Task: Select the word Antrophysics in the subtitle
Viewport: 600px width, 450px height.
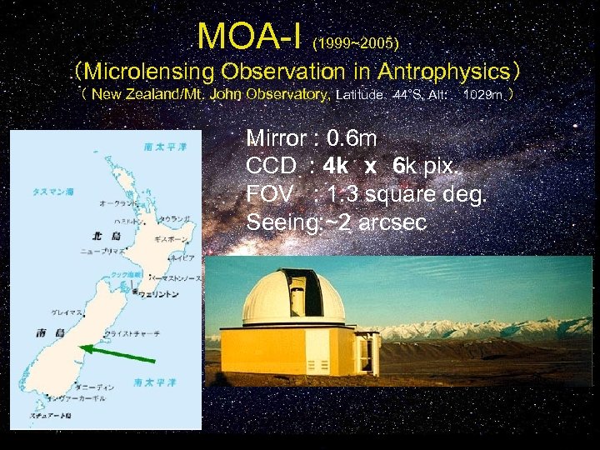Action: [x=435, y=70]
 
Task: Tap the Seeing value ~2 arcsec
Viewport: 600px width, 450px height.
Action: [x=367, y=222]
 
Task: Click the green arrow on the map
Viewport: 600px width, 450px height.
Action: [x=117, y=353]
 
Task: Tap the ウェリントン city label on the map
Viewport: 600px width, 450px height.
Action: [x=158, y=292]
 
